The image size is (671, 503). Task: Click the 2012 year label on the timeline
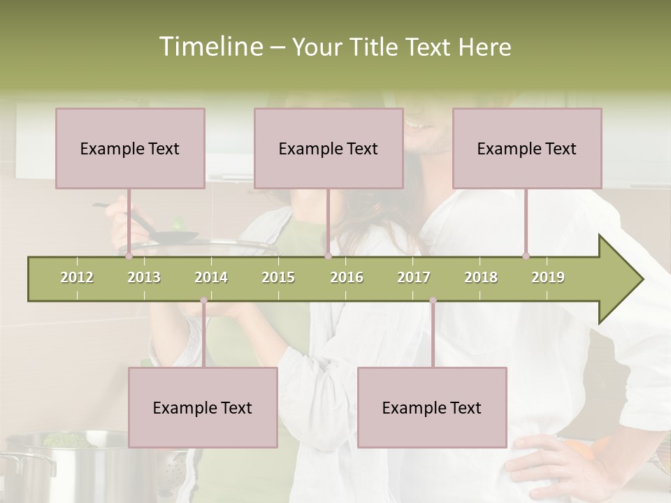[x=77, y=277]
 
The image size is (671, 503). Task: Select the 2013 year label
[x=144, y=277]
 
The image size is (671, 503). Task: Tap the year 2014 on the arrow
[x=211, y=277]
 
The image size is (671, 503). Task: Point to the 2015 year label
[x=278, y=277]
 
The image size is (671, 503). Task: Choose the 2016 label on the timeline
[x=347, y=277]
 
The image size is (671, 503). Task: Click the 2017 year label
[x=414, y=277]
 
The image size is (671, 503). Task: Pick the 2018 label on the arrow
[x=481, y=277]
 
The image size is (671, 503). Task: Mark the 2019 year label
[x=548, y=277]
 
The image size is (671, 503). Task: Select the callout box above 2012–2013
[x=130, y=148]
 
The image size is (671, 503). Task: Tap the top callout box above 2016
[x=329, y=148]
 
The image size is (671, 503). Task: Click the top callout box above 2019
[x=527, y=148]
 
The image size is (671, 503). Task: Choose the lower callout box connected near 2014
[x=203, y=407]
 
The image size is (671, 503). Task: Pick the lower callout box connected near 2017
[x=432, y=407]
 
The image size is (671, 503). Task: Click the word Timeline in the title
[x=210, y=47]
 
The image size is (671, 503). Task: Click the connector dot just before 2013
[x=129, y=256]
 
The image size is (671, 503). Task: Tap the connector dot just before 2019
[x=526, y=256]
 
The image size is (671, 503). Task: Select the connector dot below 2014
[x=203, y=300]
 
